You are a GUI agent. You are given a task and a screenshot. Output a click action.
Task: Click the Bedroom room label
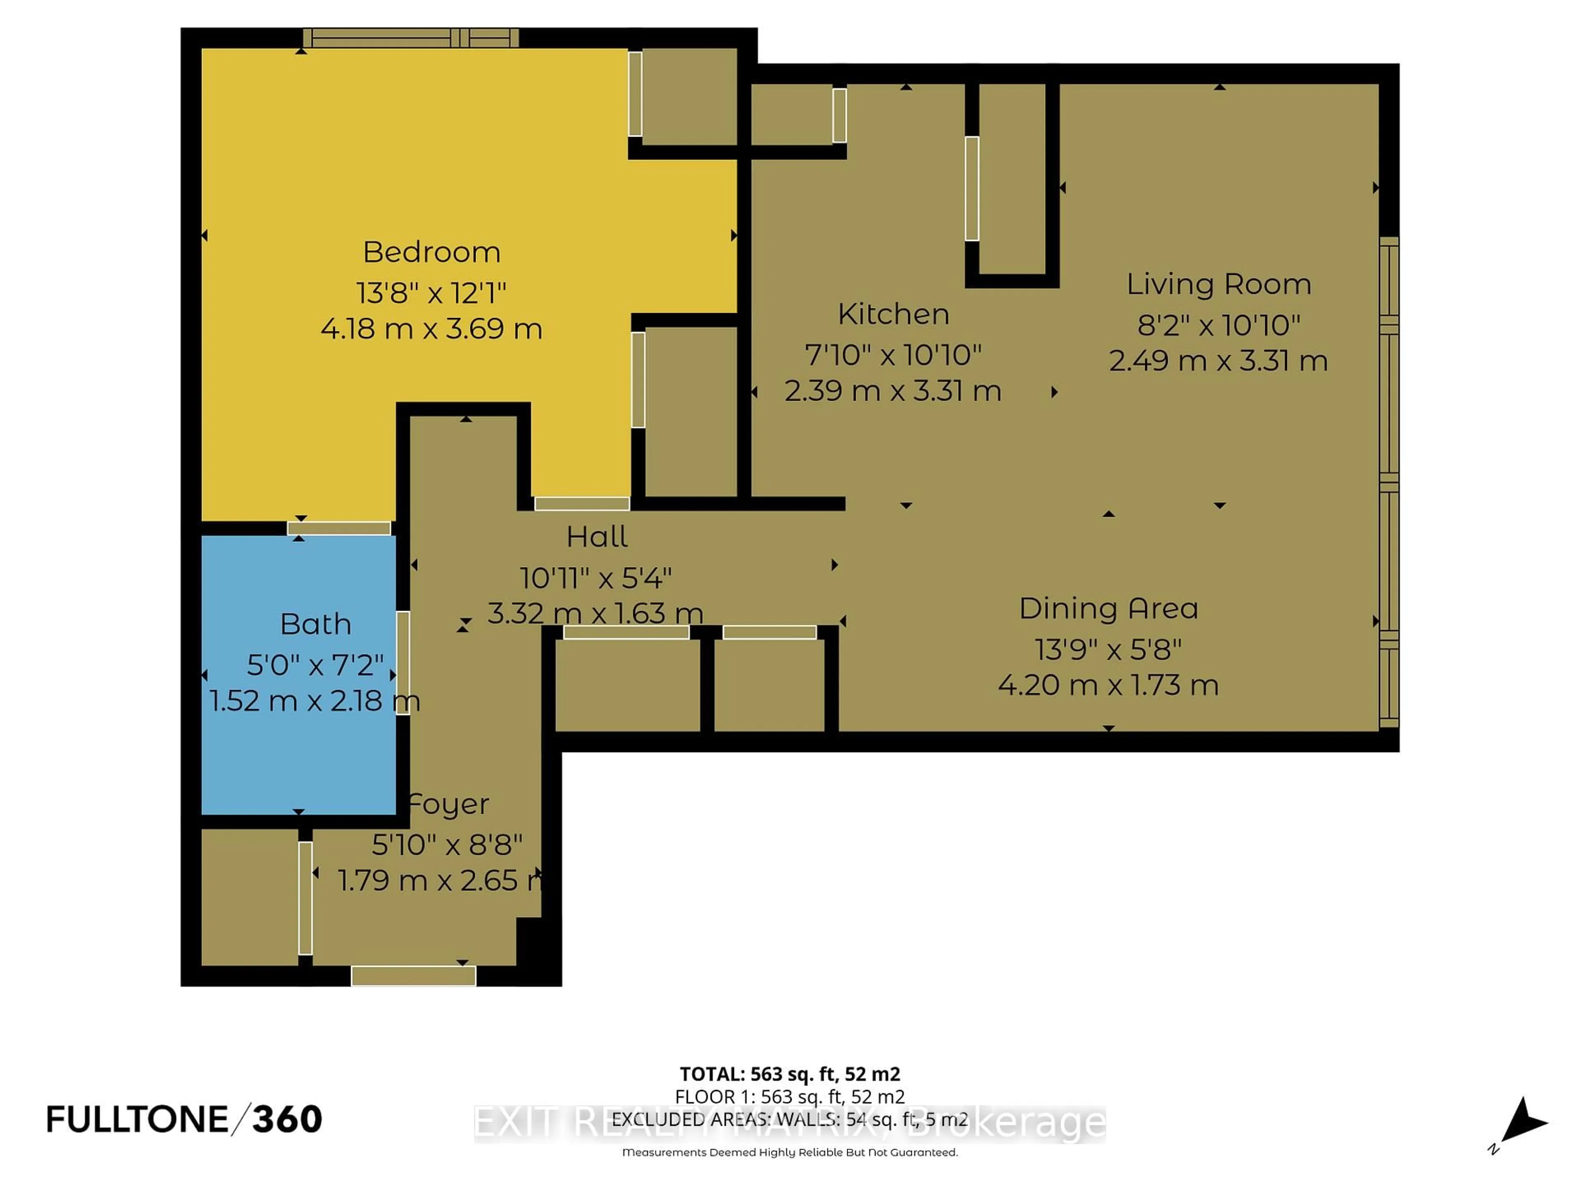click(x=432, y=252)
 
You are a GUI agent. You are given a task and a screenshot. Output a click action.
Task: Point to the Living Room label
click(x=1219, y=284)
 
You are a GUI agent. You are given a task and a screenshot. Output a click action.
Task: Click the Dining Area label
click(x=1108, y=609)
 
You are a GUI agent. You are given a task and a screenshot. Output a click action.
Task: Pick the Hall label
click(x=597, y=537)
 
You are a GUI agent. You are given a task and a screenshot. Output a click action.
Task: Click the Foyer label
click(x=448, y=804)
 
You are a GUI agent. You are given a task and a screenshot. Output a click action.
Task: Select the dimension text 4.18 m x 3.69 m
click(x=432, y=329)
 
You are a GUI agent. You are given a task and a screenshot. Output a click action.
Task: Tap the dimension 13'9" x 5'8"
click(x=1108, y=649)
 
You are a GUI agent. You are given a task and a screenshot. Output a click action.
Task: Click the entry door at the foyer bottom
click(x=413, y=976)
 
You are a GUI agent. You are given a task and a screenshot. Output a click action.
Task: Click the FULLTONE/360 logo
click(x=184, y=1119)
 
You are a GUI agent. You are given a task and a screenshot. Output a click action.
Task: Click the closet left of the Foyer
click(x=249, y=897)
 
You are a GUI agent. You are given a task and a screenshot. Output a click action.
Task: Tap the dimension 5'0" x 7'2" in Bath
click(x=315, y=665)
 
